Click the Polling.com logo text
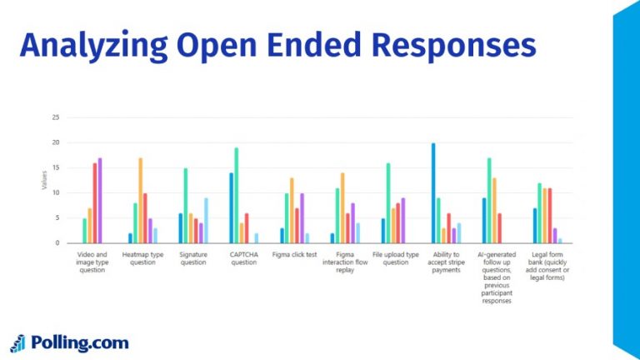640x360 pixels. coord(80,342)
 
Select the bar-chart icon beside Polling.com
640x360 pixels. coord(18,342)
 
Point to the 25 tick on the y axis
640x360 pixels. coord(55,117)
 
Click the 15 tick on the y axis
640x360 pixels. coord(55,167)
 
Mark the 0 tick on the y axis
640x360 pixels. coord(57,243)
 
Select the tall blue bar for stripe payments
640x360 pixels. coord(433,193)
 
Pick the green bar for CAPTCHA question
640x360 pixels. coord(236,196)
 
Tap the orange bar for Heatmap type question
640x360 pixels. coord(141,201)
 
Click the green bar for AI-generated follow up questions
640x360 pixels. coord(489,201)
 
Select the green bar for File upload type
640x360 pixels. coord(388,203)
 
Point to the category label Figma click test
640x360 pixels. coord(294,254)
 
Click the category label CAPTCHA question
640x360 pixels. coord(243,258)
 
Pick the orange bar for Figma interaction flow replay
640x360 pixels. coord(342,208)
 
